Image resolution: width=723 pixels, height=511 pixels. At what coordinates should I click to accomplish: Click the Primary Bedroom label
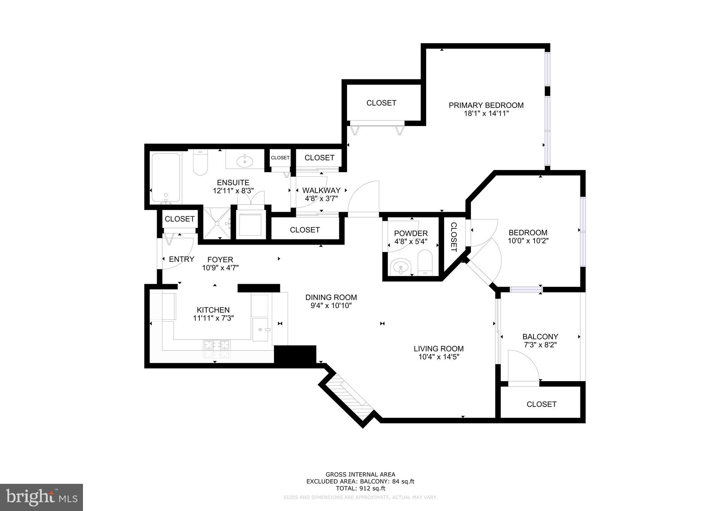[486, 105]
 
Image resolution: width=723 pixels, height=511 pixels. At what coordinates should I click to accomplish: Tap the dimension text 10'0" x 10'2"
[528, 241]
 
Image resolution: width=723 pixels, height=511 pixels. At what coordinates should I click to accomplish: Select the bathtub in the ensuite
[166, 178]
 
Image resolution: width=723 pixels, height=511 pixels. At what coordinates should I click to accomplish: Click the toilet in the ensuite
[200, 164]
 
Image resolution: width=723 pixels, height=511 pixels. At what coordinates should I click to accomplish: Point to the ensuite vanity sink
[245, 162]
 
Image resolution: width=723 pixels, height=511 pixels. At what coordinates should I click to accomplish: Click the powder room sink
[401, 267]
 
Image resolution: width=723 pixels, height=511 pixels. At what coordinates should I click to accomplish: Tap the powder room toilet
[425, 263]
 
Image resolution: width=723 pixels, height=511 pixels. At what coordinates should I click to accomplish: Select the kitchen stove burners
[216, 349]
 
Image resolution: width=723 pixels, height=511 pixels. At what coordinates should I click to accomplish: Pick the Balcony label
[540, 336]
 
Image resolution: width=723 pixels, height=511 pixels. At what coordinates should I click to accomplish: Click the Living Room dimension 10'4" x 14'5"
[438, 357]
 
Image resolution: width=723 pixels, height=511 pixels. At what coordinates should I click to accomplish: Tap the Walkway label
[321, 190]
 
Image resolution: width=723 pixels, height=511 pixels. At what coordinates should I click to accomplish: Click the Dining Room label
[331, 297]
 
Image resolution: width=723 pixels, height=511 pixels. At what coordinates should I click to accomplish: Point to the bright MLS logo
[41, 497]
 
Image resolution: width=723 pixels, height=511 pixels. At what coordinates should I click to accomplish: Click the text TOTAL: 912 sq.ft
[360, 488]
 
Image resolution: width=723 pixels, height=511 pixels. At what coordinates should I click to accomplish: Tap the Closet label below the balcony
[541, 404]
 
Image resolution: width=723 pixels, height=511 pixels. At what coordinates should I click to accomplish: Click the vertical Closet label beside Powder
[453, 237]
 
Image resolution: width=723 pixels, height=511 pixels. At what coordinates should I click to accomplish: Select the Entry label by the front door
[181, 259]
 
